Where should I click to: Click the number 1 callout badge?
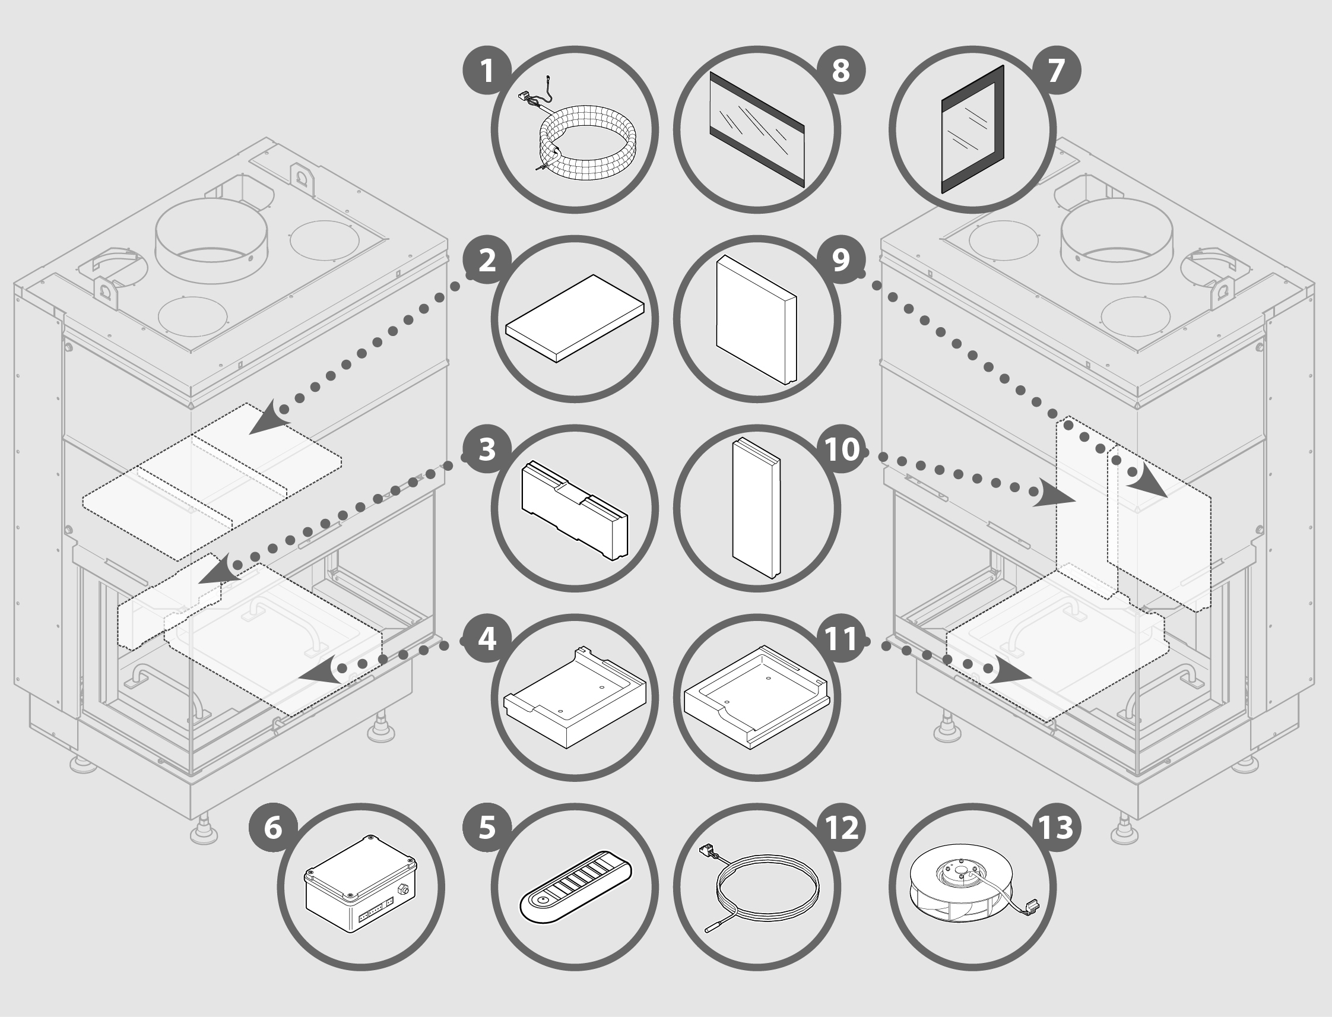click(x=487, y=71)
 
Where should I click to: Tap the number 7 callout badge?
click(x=1056, y=71)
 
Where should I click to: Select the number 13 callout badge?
click(x=1056, y=828)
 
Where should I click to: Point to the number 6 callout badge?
click(x=274, y=828)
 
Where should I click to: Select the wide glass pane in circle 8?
click(x=756, y=129)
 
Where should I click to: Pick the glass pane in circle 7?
click(x=973, y=129)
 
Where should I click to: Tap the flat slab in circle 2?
click(x=575, y=318)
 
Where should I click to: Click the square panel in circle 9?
click(x=756, y=319)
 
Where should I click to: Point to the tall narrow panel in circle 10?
click(x=756, y=507)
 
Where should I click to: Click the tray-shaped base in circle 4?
click(x=575, y=696)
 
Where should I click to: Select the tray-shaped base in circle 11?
click(x=756, y=696)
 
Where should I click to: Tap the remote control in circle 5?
click(x=575, y=888)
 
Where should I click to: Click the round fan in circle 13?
click(x=971, y=888)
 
